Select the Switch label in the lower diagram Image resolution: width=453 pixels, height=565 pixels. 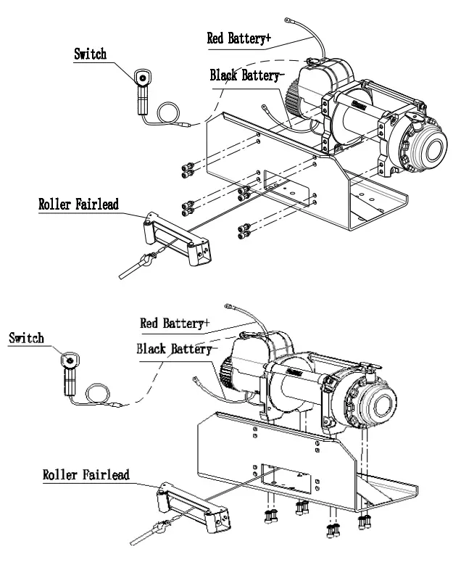coord(26,338)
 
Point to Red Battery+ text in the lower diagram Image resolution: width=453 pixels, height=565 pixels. coord(175,322)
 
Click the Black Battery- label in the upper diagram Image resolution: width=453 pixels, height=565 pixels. coord(246,75)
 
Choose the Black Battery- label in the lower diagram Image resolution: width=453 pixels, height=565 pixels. coord(174,349)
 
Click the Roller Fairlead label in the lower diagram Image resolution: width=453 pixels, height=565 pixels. coord(86,475)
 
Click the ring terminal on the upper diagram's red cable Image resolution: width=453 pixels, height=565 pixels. coord(288,22)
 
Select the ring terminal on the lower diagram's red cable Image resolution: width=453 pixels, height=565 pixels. coord(229,308)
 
